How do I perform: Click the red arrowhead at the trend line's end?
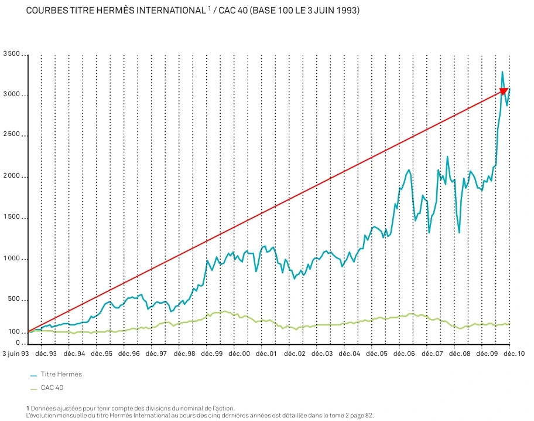tap(504, 91)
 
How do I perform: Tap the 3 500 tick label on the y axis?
tap(11, 54)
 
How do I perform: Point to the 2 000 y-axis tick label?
tap(11, 176)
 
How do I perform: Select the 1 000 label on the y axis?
tap(11, 259)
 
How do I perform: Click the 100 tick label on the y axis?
tap(14, 332)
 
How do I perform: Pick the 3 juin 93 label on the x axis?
tap(15, 354)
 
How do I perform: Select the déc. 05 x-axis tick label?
tap(376, 354)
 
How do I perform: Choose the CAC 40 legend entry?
tap(52, 388)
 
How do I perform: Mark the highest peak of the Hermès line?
tap(502, 72)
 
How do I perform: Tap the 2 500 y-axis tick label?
tap(11, 135)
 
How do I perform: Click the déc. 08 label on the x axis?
tap(459, 354)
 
